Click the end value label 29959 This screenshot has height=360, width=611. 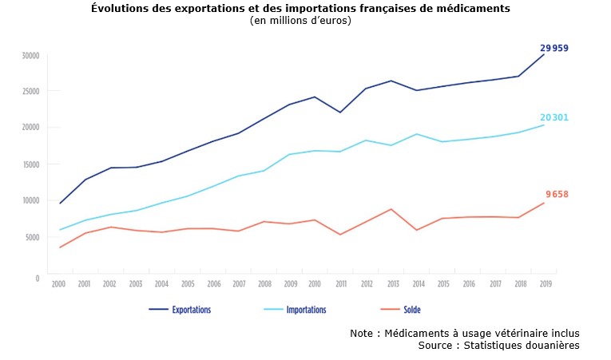pos(554,49)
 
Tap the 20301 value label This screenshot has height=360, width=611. pos(554,118)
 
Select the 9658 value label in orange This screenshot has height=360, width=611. pos(557,195)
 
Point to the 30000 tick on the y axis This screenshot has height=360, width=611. pos(31,56)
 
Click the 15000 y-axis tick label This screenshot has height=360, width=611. pos(31,164)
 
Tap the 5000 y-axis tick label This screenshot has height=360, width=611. pos(33,237)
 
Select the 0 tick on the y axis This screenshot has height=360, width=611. pos(37,278)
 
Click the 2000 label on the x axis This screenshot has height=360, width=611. pos(58,284)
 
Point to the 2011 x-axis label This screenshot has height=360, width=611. pos(340,284)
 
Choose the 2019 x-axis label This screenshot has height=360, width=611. pos(545,284)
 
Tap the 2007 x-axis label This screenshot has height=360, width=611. pos(238,284)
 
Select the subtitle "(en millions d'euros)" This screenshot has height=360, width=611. pos(300,21)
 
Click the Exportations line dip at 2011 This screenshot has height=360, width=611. pos(340,113)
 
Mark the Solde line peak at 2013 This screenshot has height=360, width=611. pos(391,209)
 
